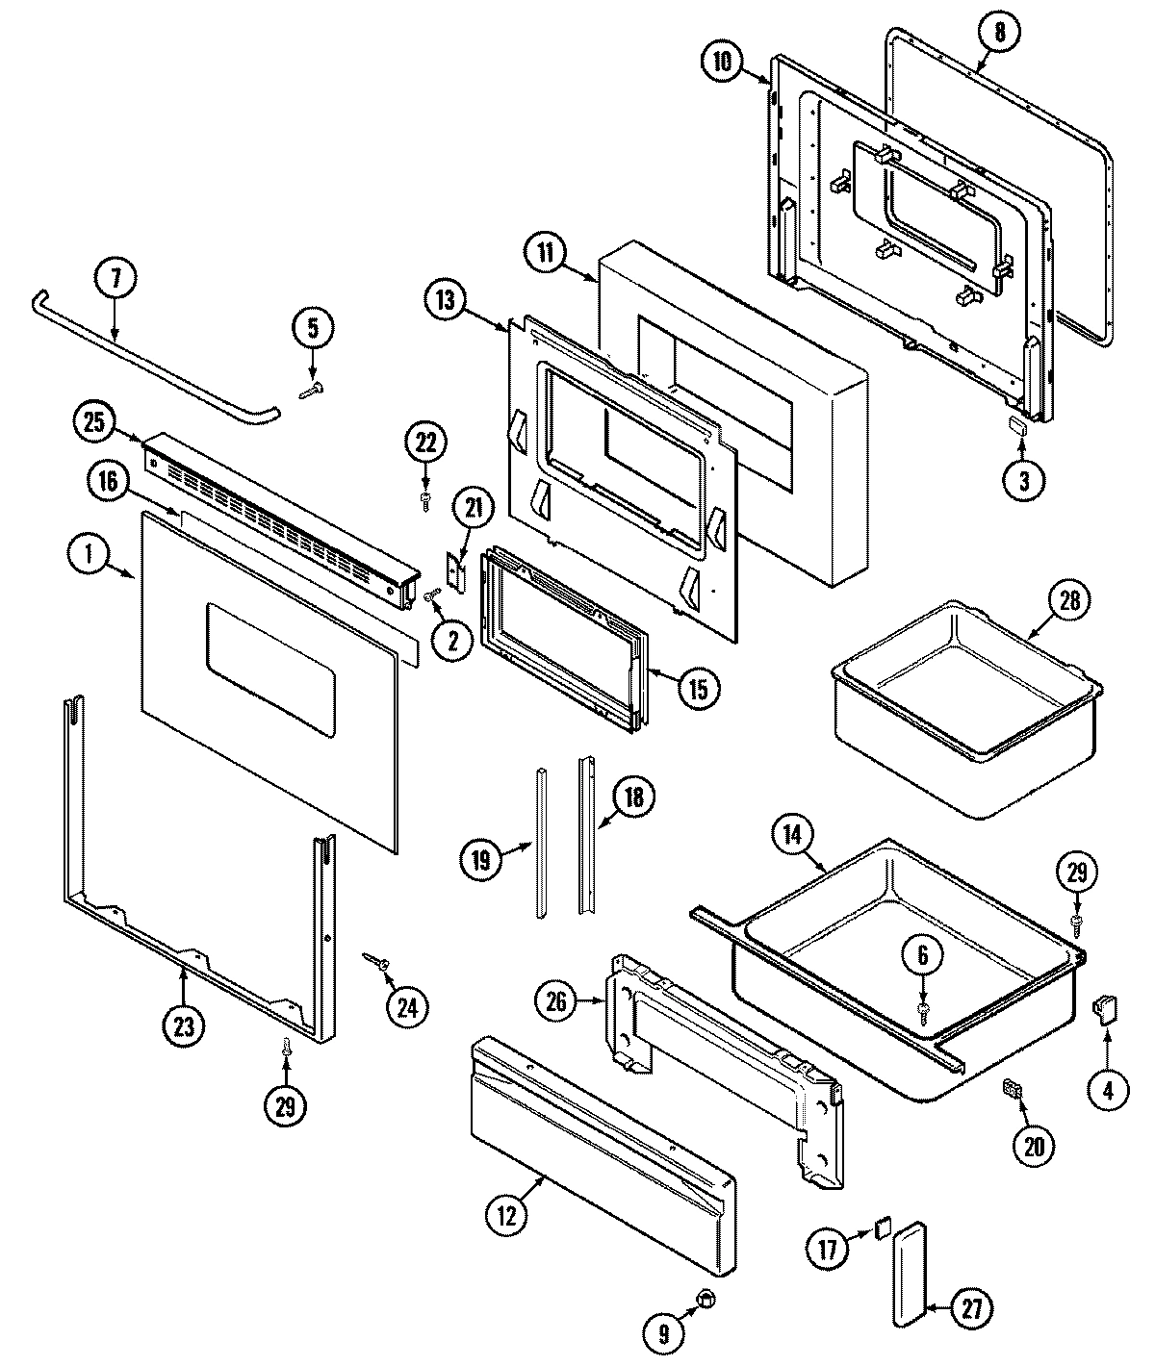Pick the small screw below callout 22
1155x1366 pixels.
(x=425, y=498)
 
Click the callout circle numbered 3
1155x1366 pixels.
(x=1023, y=480)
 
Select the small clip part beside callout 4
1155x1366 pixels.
(x=1103, y=1009)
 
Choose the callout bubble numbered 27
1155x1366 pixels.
(x=971, y=1307)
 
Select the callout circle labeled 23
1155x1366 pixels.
(x=183, y=1025)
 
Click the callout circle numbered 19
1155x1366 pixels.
(x=482, y=858)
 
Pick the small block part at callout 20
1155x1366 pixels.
(x=1011, y=1088)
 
